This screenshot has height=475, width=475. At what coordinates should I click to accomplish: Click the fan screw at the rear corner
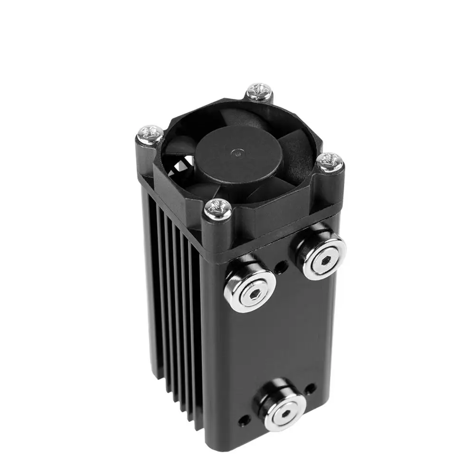(x=260, y=91)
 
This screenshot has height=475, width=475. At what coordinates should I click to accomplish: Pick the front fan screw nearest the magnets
(x=218, y=209)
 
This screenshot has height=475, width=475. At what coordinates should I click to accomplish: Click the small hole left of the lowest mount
(x=244, y=419)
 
